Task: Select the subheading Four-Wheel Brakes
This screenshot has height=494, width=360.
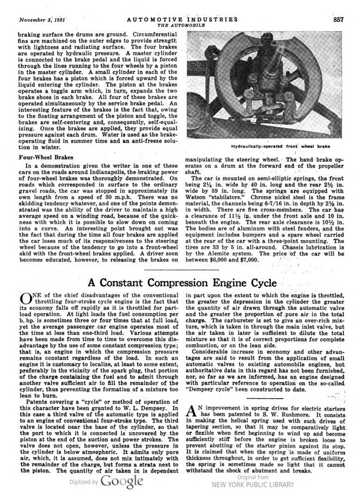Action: [34, 158]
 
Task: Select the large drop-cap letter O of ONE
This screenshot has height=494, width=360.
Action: [26, 300]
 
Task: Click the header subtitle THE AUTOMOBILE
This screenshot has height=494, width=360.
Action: [179, 26]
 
